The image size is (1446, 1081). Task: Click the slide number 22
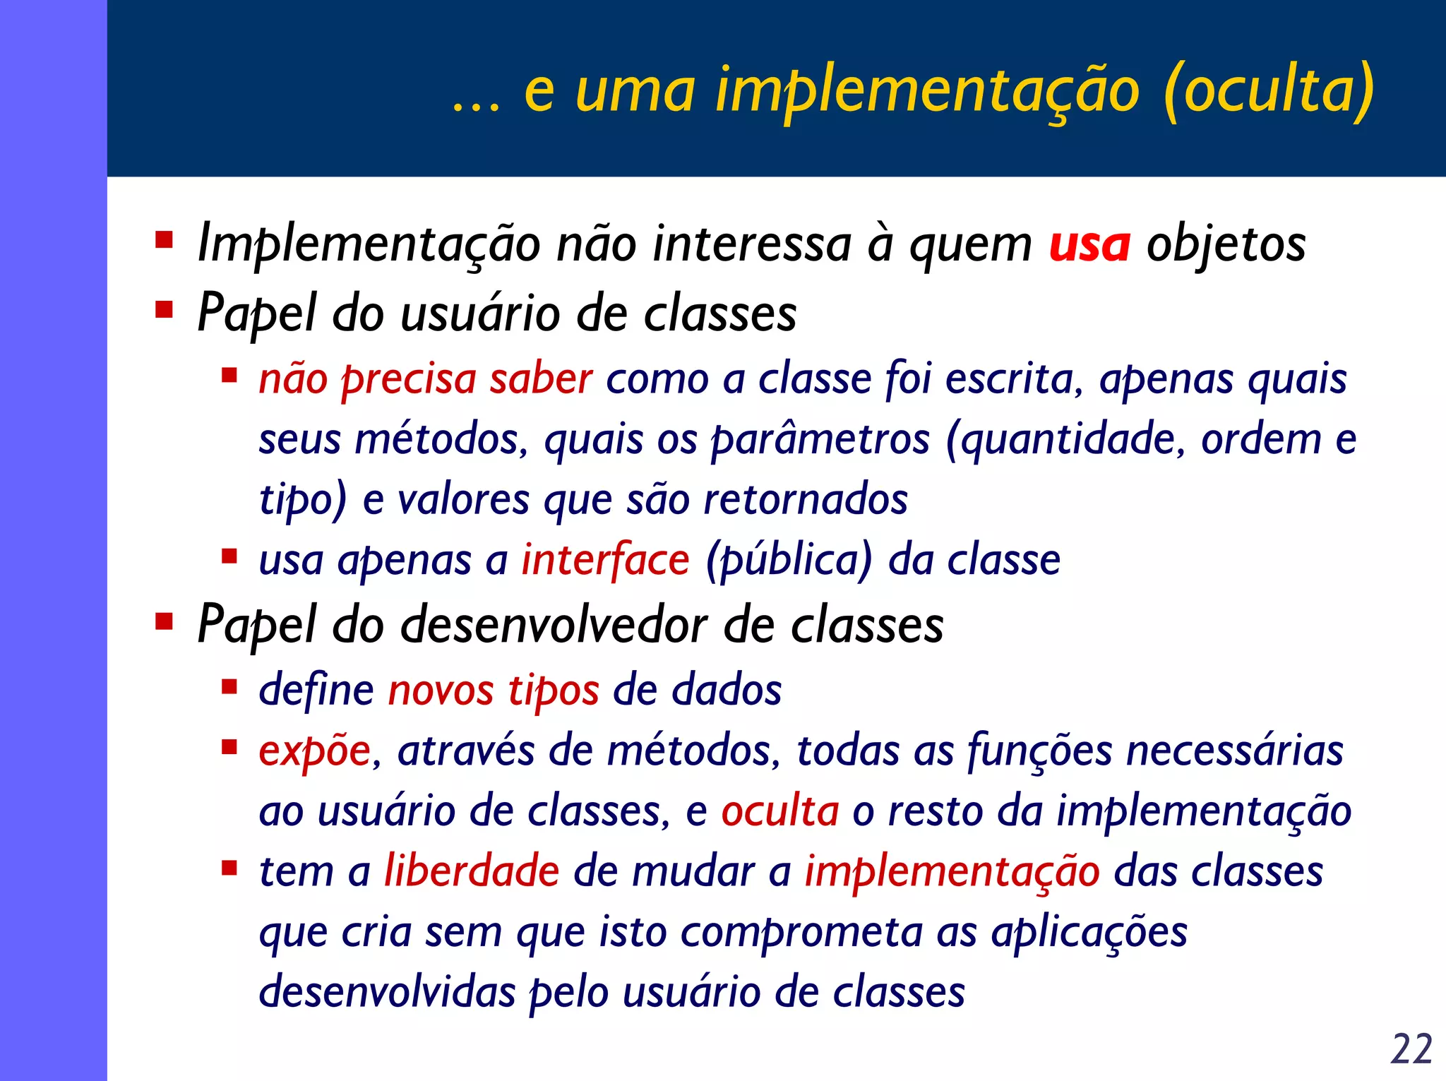coord(1411,1048)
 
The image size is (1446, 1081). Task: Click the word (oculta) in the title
coord(1268,90)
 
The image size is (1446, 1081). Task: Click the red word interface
coord(605,560)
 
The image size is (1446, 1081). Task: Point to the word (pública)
coord(789,560)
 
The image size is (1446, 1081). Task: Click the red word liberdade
coord(472,871)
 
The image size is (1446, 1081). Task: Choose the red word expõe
coord(314,751)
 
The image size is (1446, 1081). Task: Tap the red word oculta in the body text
coord(780,811)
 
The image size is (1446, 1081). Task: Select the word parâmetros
coord(820,439)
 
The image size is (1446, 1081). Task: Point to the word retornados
coord(806,500)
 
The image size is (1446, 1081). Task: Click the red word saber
coord(541,379)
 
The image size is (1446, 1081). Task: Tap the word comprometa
coord(801,931)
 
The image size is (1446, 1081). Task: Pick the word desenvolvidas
coord(388,992)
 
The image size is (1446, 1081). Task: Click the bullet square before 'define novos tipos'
coord(229,686)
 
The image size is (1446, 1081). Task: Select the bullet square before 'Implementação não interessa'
coord(165,240)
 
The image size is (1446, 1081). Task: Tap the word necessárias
coord(1234,751)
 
